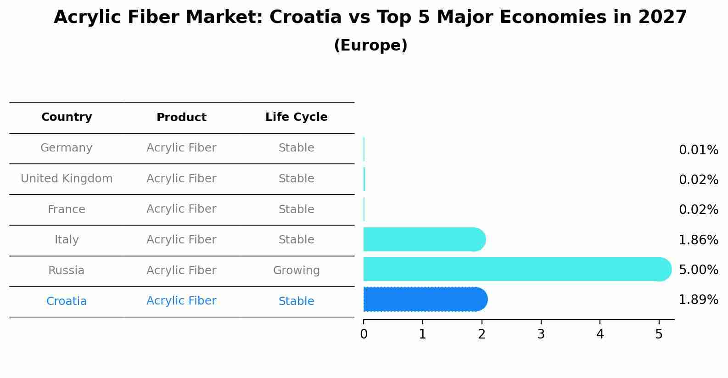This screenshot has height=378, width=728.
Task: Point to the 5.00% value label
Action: click(698, 270)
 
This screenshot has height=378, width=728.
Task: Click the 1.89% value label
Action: click(698, 300)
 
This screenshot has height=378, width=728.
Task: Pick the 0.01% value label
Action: click(698, 150)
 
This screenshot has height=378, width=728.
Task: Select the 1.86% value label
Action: click(698, 240)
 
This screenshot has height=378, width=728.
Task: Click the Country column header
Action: click(67, 117)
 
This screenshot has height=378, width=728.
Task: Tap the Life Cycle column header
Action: click(296, 117)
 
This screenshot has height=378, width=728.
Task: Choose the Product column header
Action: click(181, 118)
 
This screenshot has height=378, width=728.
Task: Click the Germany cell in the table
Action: click(67, 148)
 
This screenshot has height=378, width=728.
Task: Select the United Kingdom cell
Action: click(67, 179)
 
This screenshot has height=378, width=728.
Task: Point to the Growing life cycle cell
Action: click(296, 271)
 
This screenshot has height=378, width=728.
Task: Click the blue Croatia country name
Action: click(67, 301)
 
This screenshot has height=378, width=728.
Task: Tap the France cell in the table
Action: click(67, 209)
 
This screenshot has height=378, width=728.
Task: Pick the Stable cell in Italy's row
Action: click(296, 240)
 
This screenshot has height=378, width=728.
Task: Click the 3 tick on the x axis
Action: click(541, 334)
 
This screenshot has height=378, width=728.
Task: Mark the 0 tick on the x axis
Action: click(364, 334)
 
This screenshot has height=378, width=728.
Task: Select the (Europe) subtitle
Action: click(370, 45)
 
